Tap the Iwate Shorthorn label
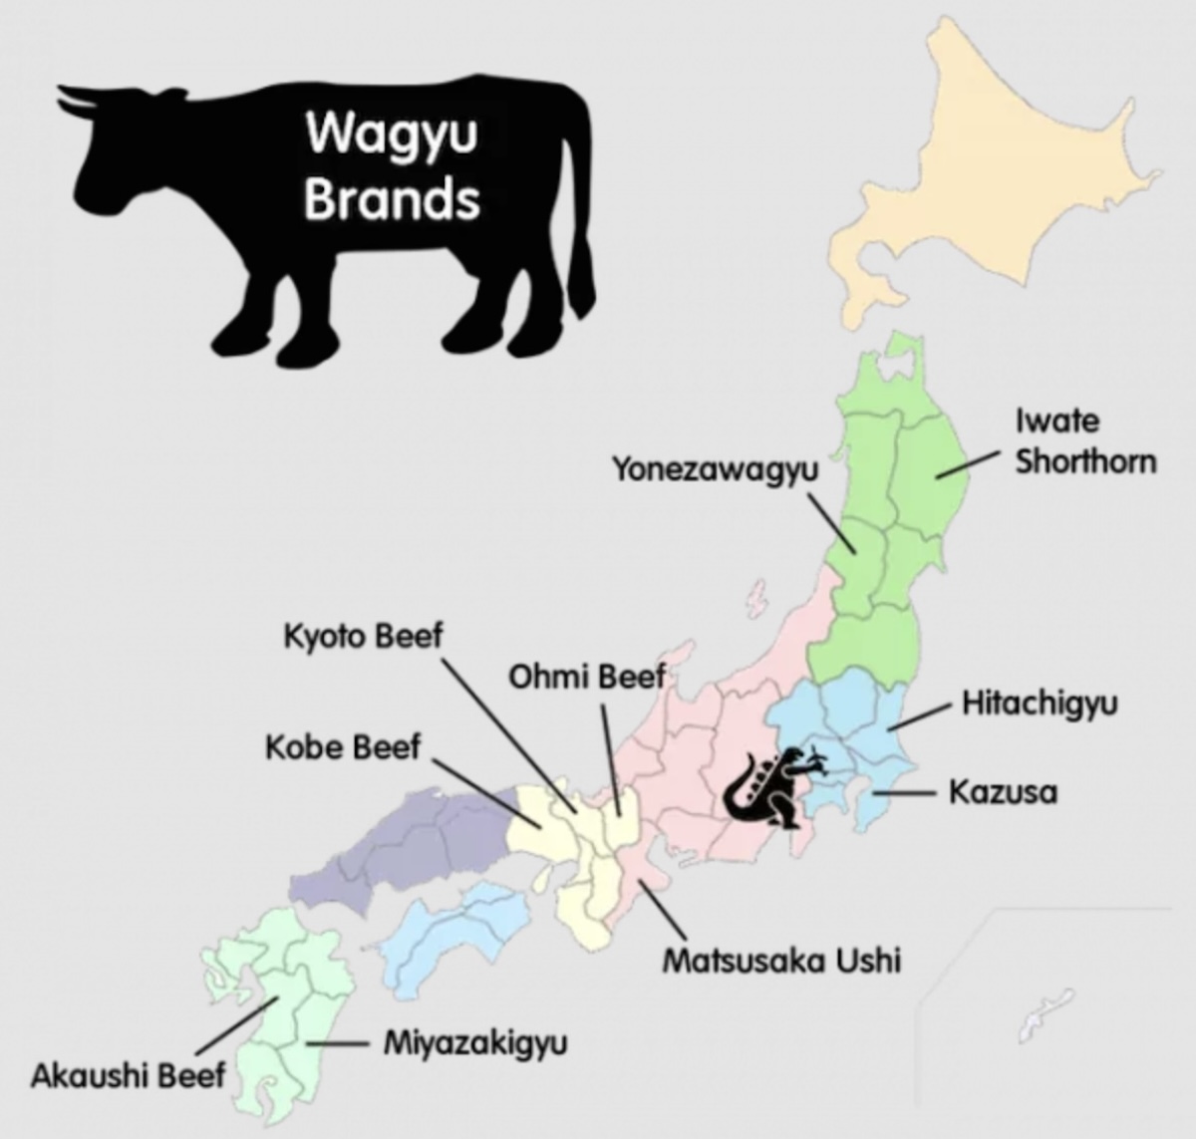[1085, 441]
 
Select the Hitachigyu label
[1040, 704]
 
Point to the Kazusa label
[1002, 793]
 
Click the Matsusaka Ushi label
[781, 961]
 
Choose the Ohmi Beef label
[586, 678]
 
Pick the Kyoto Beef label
[362, 636]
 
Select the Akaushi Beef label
[128, 1076]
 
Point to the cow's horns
[85, 100]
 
